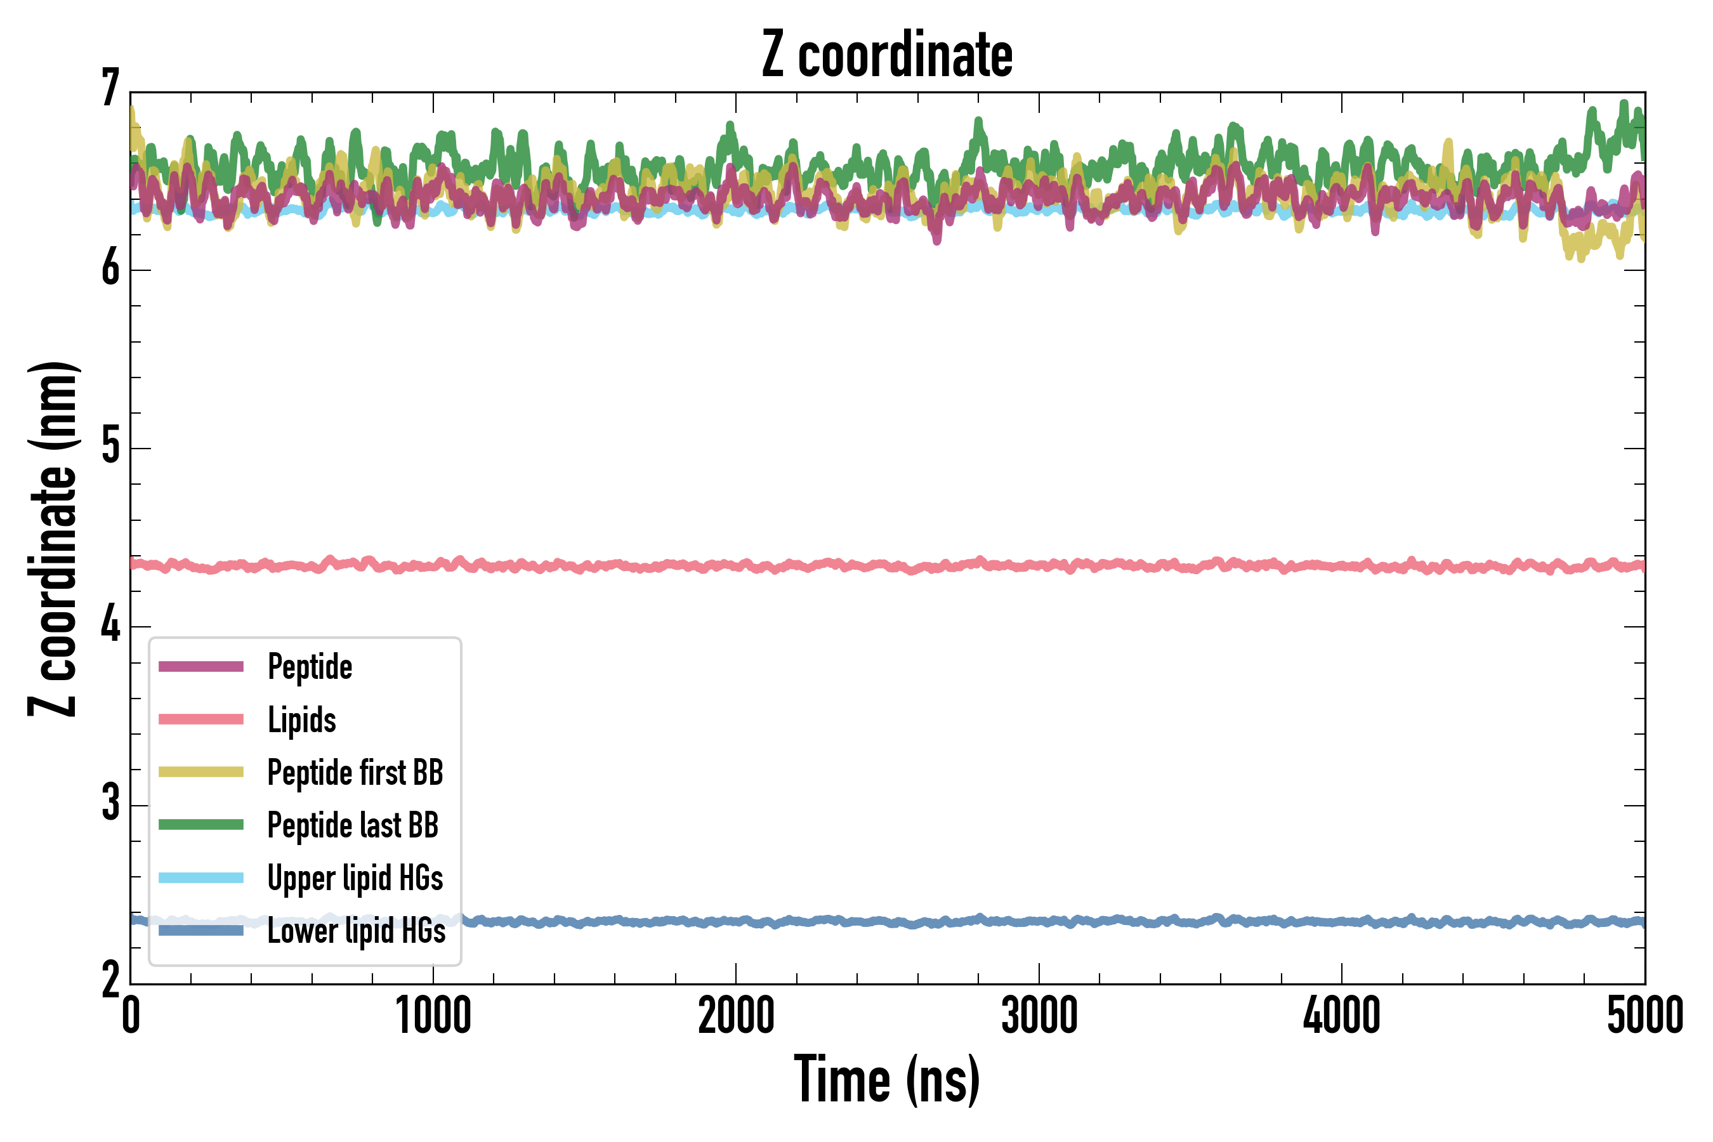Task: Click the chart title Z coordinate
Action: (886, 55)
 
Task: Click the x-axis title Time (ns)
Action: (886, 1079)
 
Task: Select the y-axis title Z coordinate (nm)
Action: (53, 539)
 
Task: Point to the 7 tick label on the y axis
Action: (110, 89)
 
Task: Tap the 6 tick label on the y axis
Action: (110, 269)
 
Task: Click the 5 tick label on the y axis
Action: (110, 447)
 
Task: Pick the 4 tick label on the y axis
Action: (110, 626)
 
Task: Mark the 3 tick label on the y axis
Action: (110, 804)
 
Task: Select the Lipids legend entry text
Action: (301, 719)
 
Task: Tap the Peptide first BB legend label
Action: (355, 773)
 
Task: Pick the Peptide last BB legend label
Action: (353, 825)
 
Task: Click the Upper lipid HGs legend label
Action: (355, 877)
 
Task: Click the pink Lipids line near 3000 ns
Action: (1039, 565)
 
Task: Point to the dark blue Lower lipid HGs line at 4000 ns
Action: (1342, 922)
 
